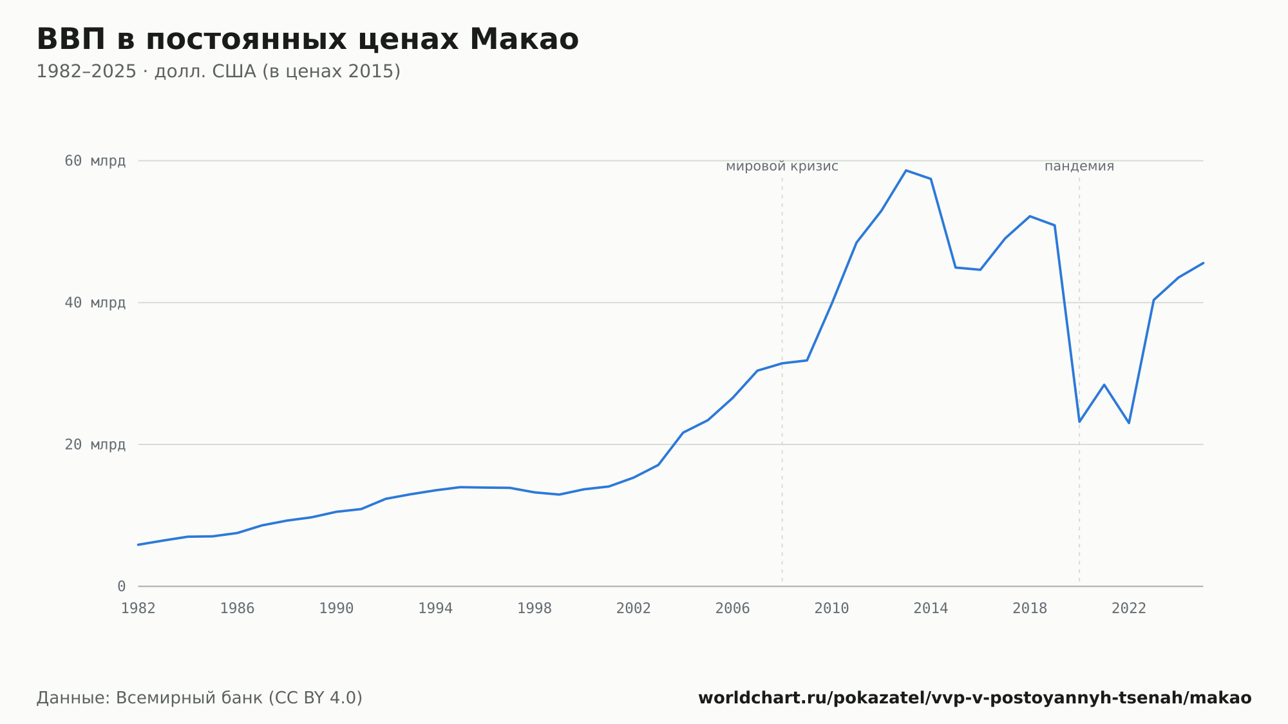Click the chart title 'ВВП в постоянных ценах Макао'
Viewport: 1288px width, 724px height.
point(307,39)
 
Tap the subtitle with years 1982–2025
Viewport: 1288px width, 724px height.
point(218,71)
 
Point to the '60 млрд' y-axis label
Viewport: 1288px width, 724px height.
point(95,161)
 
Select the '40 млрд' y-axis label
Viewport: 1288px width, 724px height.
point(95,303)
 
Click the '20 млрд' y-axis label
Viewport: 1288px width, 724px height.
point(95,444)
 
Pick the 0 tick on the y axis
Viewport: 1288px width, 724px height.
point(121,586)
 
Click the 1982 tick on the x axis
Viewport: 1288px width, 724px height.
point(138,608)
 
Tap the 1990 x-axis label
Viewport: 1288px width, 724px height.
point(336,608)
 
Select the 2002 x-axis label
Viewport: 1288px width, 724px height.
point(634,608)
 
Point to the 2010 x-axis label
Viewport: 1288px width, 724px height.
point(831,608)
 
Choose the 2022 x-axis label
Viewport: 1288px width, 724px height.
point(1129,608)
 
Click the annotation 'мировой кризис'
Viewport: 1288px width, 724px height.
point(782,166)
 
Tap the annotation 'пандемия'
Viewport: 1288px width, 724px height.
point(1079,166)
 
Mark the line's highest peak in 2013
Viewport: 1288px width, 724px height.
point(906,171)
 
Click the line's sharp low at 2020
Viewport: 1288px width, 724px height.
point(1079,422)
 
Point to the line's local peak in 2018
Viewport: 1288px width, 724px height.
point(1030,216)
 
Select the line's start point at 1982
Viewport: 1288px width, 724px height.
point(138,545)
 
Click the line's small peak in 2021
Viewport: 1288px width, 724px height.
point(1104,385)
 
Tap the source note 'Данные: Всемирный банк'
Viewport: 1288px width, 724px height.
point(200,698)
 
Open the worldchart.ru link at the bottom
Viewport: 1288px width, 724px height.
point(975,698)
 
